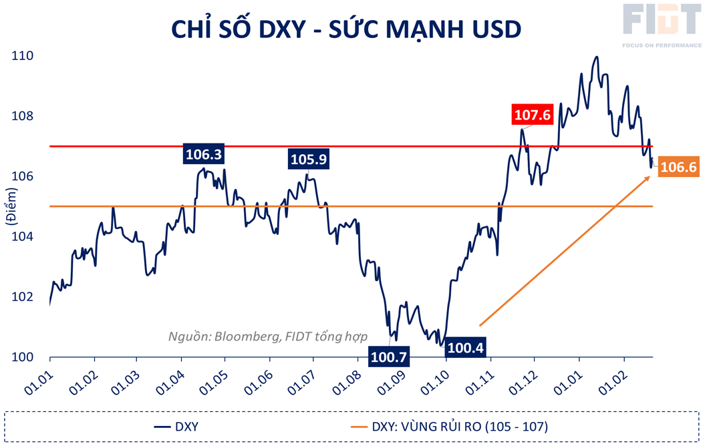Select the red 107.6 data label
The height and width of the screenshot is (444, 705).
(532, 115)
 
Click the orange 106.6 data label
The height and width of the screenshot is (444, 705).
(678, 168)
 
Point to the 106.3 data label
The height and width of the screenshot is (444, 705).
(204, 155)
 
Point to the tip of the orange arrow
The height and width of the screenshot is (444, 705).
(651, 176)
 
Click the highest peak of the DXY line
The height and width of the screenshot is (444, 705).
(596, 57)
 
